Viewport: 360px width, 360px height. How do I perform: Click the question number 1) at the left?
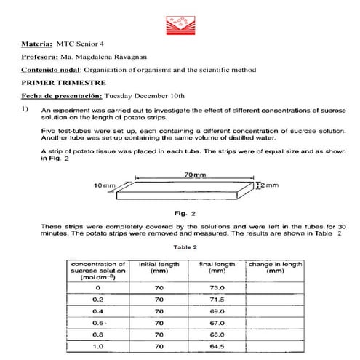click(x=25, y=109)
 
